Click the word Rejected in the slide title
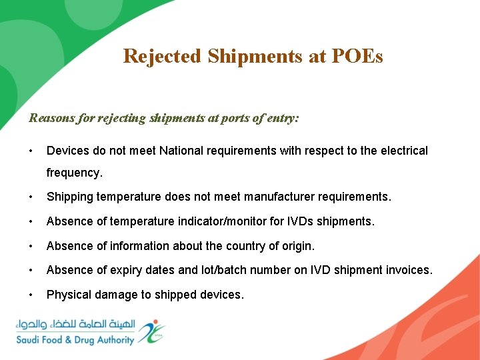(x=162, y=56)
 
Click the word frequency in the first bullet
(x=73, y=173)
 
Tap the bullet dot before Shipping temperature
(x=31, y=197)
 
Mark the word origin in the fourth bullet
(x=297, y=246)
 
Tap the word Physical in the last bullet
(x=67, y=294)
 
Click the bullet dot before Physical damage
(x=31, y=294)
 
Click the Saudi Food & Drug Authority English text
(x=75, y=340)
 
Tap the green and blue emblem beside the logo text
(x=151, y=331)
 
